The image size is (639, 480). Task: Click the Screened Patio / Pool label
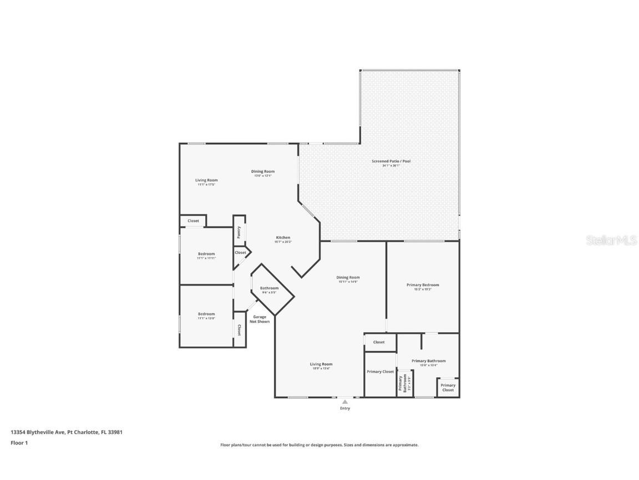[x=391, y=162]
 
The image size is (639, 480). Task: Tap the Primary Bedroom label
[x=423, y=286]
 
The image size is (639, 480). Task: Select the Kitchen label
[x=283, y=238]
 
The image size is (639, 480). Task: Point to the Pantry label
[x=239, y=232]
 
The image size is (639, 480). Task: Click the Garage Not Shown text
[x=260, y=319]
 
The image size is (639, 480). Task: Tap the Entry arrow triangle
[x=345, y=401]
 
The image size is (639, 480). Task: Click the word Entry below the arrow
[x=345, y=408]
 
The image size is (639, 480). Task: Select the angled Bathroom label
[x=270, y=289]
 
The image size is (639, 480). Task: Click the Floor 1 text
[x=19, y=443]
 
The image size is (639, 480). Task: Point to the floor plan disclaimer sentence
[x=319, y=445]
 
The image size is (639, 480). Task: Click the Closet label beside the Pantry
[x=240, y=253]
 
